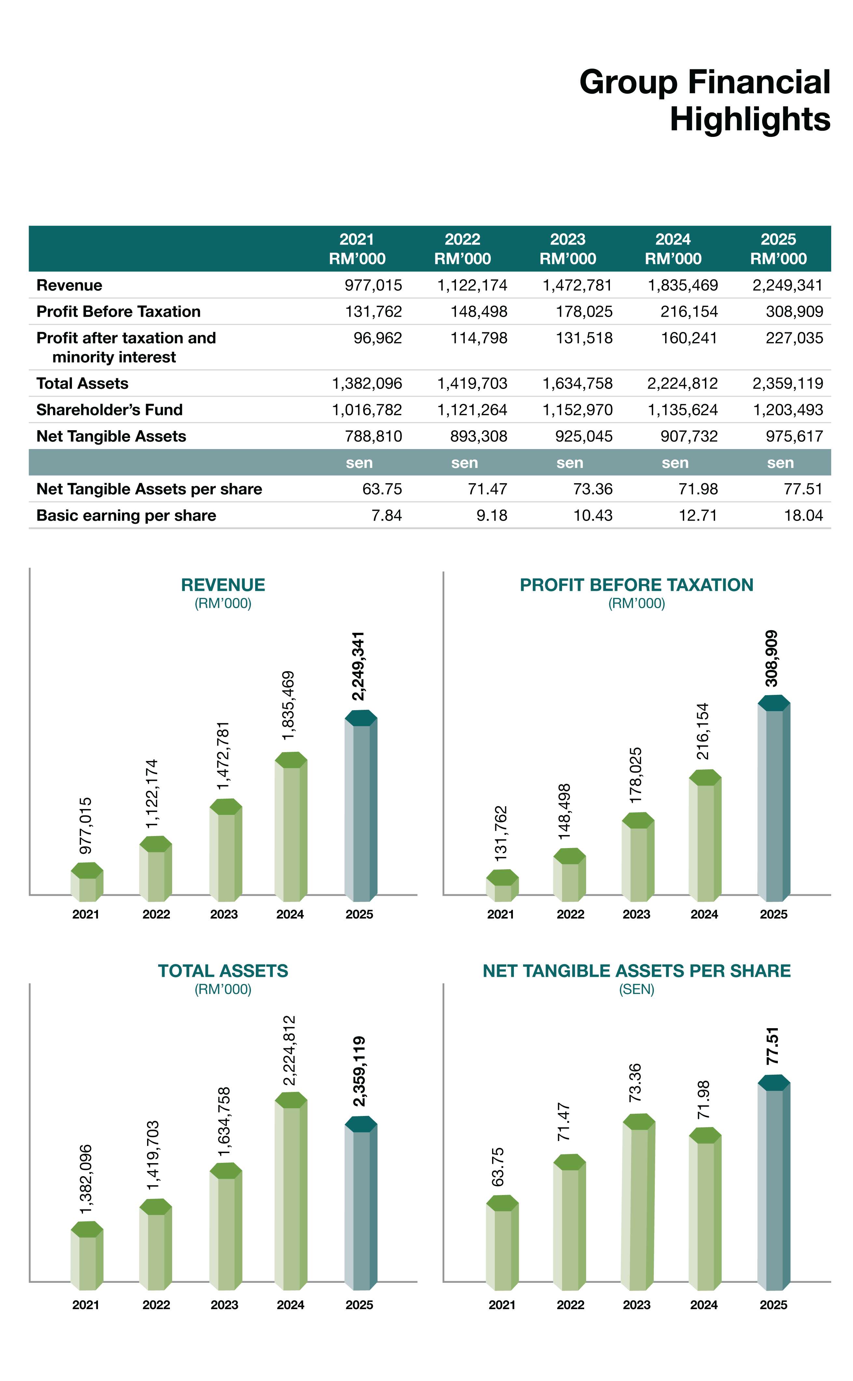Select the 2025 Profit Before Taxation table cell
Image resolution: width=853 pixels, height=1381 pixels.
pyautogui.click(x=794, y=312)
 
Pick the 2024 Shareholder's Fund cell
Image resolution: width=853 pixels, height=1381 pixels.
pyautogui.click(x=682, y=410)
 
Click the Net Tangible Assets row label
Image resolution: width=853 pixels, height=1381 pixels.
pyautogui.click(x=111, y=436)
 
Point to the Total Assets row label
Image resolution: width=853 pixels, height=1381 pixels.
pyautogui.click(x=82, y=383)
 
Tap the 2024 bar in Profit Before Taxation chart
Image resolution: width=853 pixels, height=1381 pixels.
pyautogui.click(x=705, y=835)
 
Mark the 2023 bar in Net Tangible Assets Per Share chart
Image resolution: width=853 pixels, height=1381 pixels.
pyautogui.click(x=638, y=1202)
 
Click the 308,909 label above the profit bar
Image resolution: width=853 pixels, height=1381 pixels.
pyautogui.click(x=771, y=658)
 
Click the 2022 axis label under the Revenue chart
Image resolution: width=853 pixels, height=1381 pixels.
pyautogui.click(x=156, y=914)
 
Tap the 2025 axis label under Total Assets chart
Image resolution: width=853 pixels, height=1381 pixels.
pyautogui.click(x=359, y=1305)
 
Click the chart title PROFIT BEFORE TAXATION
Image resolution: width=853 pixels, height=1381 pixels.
pyautogui.click(x=636, y=585)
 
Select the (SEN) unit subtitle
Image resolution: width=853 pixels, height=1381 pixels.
pyautogui.click(x=636, y=989)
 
